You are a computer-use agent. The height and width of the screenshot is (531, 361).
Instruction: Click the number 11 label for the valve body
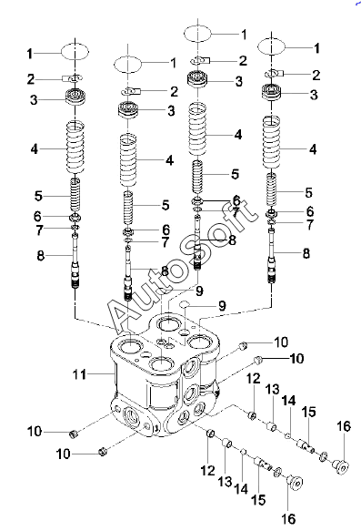80,375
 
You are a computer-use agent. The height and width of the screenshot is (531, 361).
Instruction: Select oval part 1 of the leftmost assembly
75,52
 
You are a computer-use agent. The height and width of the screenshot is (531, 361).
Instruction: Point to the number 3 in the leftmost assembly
34,100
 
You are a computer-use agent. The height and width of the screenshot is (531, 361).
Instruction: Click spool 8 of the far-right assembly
272,257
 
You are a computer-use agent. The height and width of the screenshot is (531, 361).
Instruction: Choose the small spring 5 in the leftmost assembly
75,196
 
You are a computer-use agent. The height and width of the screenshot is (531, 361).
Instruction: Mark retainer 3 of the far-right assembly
272,92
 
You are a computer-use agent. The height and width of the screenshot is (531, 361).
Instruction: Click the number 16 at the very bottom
288,518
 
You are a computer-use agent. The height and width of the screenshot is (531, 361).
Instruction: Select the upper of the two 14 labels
288,401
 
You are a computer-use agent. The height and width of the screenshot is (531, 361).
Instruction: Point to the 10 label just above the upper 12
296,358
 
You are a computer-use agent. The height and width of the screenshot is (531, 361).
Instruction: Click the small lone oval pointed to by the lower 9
185,304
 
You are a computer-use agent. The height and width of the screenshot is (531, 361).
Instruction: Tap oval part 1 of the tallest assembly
197,33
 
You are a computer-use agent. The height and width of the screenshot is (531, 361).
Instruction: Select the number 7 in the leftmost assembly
39,230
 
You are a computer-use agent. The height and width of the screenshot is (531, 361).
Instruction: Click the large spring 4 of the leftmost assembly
75,148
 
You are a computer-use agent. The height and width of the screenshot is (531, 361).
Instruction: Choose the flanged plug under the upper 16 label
340,465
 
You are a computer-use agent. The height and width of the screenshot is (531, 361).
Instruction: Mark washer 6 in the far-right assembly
272,214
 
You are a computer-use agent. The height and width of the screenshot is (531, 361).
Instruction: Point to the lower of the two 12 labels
207,470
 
